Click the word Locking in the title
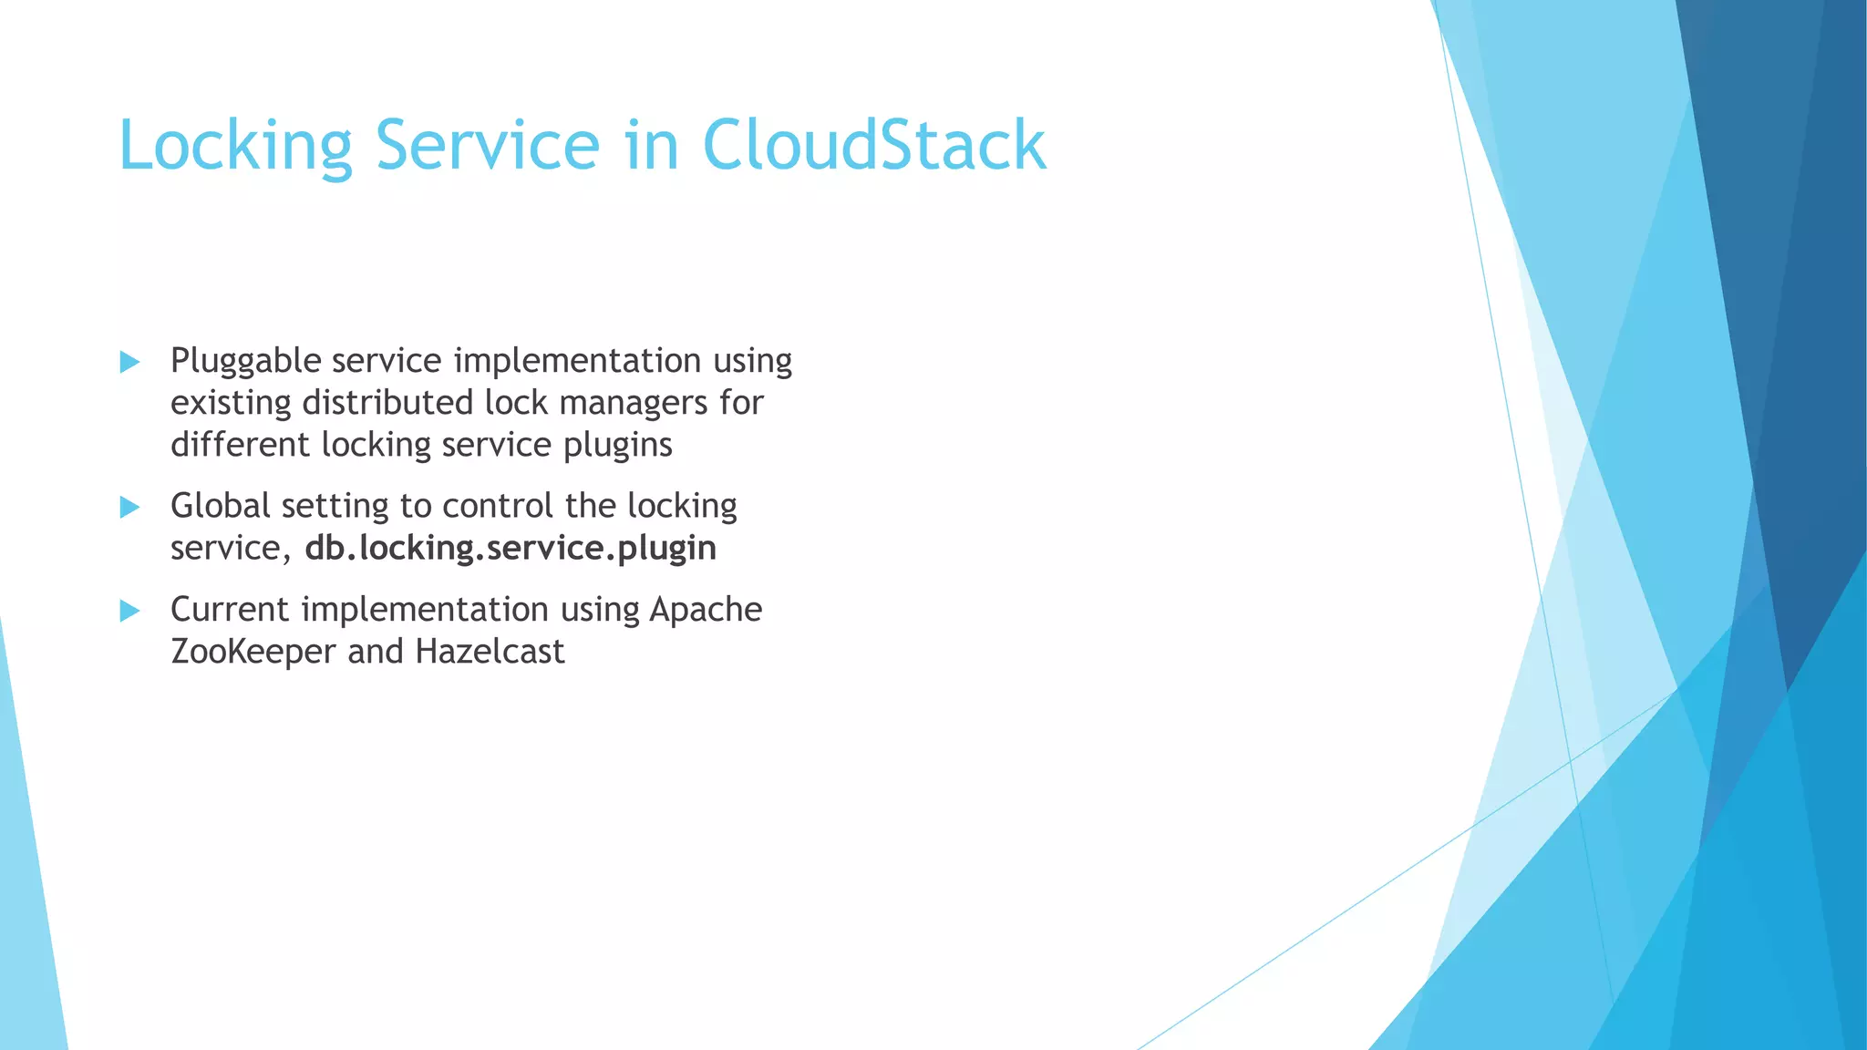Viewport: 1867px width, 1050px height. tap(235, 146)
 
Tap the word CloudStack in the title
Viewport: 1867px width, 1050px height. tap(873, 146)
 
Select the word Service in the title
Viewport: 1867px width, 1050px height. tap(487, 146)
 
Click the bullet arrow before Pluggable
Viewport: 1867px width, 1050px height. tap(129, 363)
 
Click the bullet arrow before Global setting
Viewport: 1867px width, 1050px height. tap(129, 508)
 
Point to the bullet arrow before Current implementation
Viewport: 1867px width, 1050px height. tap(129, 611)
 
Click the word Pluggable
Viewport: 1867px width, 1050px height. tap(245, 362)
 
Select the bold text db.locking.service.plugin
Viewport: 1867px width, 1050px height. tap(511, 549)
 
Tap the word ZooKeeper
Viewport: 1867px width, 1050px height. tap(253, 652)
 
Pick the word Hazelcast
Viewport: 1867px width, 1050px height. tap(490, 652)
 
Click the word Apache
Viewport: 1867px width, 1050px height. tap(706, 610)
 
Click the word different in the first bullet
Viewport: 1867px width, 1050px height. tap(240, 445)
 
